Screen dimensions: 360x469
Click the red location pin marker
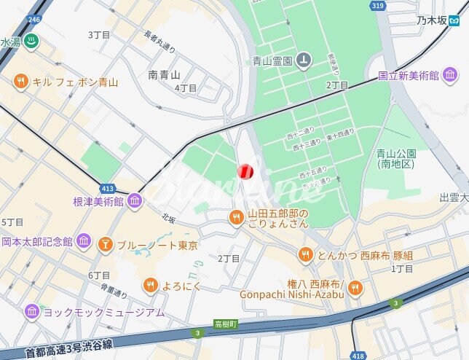pyautogui.click(x=245, y=171)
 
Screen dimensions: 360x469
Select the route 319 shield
pyautogui.click(x=377, y=5)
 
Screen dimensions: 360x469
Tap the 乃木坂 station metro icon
pyautogui.click(x=454, y=20)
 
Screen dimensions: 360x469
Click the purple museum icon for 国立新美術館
pyautogui.click(x=450, y=74)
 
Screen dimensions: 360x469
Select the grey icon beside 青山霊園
pyautogui.click(x=305, y=60)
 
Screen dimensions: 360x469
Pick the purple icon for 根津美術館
pyautogui.click(x=135, y=200)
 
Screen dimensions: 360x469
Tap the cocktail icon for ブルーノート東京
pyautogui.click(x=106, y=245)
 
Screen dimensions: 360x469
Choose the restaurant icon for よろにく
pyautogui.click(x=150, y=285)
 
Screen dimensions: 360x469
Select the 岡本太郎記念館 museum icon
pyautogui.click(x=84, y=241)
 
